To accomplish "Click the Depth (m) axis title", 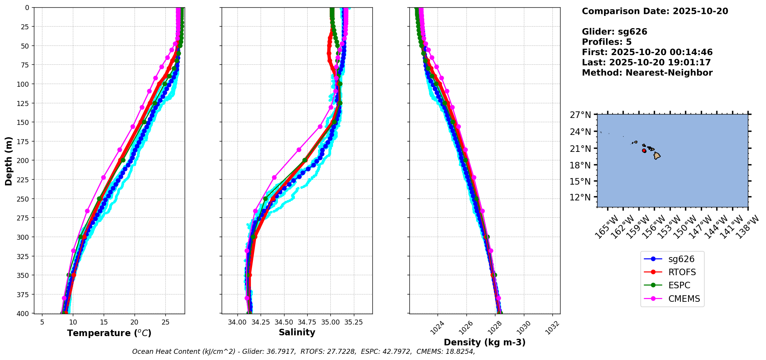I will pos(8,161).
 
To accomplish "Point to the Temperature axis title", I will pos(109,333).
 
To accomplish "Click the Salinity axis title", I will pos(297,332).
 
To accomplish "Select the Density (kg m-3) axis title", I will pos(485,342).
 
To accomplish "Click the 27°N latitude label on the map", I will pos(580,115).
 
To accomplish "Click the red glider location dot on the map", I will pos(644,151).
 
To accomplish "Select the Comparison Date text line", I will pos(655,11).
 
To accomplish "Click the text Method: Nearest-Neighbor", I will pos(647,73).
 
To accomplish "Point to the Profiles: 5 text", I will pos(606,42).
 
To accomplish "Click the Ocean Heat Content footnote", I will pos(303,352).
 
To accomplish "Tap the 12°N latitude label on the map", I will pos(580,197).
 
